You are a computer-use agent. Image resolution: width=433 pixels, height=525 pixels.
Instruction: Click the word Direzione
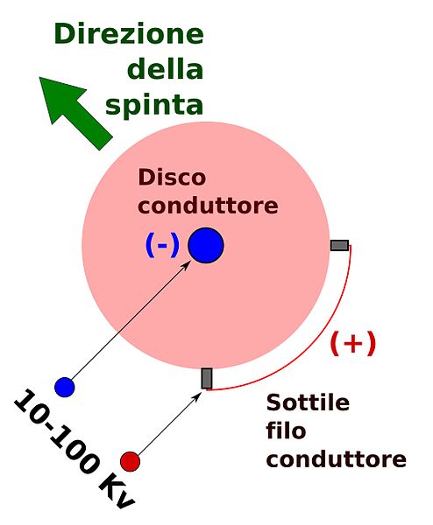129,34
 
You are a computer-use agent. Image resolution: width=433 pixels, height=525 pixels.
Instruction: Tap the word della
166,68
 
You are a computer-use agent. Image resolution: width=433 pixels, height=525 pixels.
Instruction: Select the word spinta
154,104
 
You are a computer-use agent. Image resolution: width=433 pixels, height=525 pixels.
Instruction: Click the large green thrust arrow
75,113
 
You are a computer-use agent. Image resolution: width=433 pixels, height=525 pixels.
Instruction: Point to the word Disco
172,177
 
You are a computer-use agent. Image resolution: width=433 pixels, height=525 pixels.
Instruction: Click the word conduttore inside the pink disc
208,206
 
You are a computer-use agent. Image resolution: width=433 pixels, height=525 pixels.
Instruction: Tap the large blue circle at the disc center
206,245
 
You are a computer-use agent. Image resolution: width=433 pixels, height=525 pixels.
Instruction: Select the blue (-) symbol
162,245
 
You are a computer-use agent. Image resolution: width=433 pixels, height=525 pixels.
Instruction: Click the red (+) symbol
353,343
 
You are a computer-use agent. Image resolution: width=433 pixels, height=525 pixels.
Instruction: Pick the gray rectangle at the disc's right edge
339,245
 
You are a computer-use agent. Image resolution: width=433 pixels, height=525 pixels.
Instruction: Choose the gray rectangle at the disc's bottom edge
207,378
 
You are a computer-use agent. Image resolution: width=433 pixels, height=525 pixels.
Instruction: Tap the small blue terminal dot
64,387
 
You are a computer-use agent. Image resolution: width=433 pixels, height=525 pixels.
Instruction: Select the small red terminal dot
130,461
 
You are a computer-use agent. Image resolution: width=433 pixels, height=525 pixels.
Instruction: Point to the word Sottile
308,402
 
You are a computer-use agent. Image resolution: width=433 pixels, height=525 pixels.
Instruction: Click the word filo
286,430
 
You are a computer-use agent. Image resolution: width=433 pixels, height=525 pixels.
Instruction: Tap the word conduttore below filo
337,459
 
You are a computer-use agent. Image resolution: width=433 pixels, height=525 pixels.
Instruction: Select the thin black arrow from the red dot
169,423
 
